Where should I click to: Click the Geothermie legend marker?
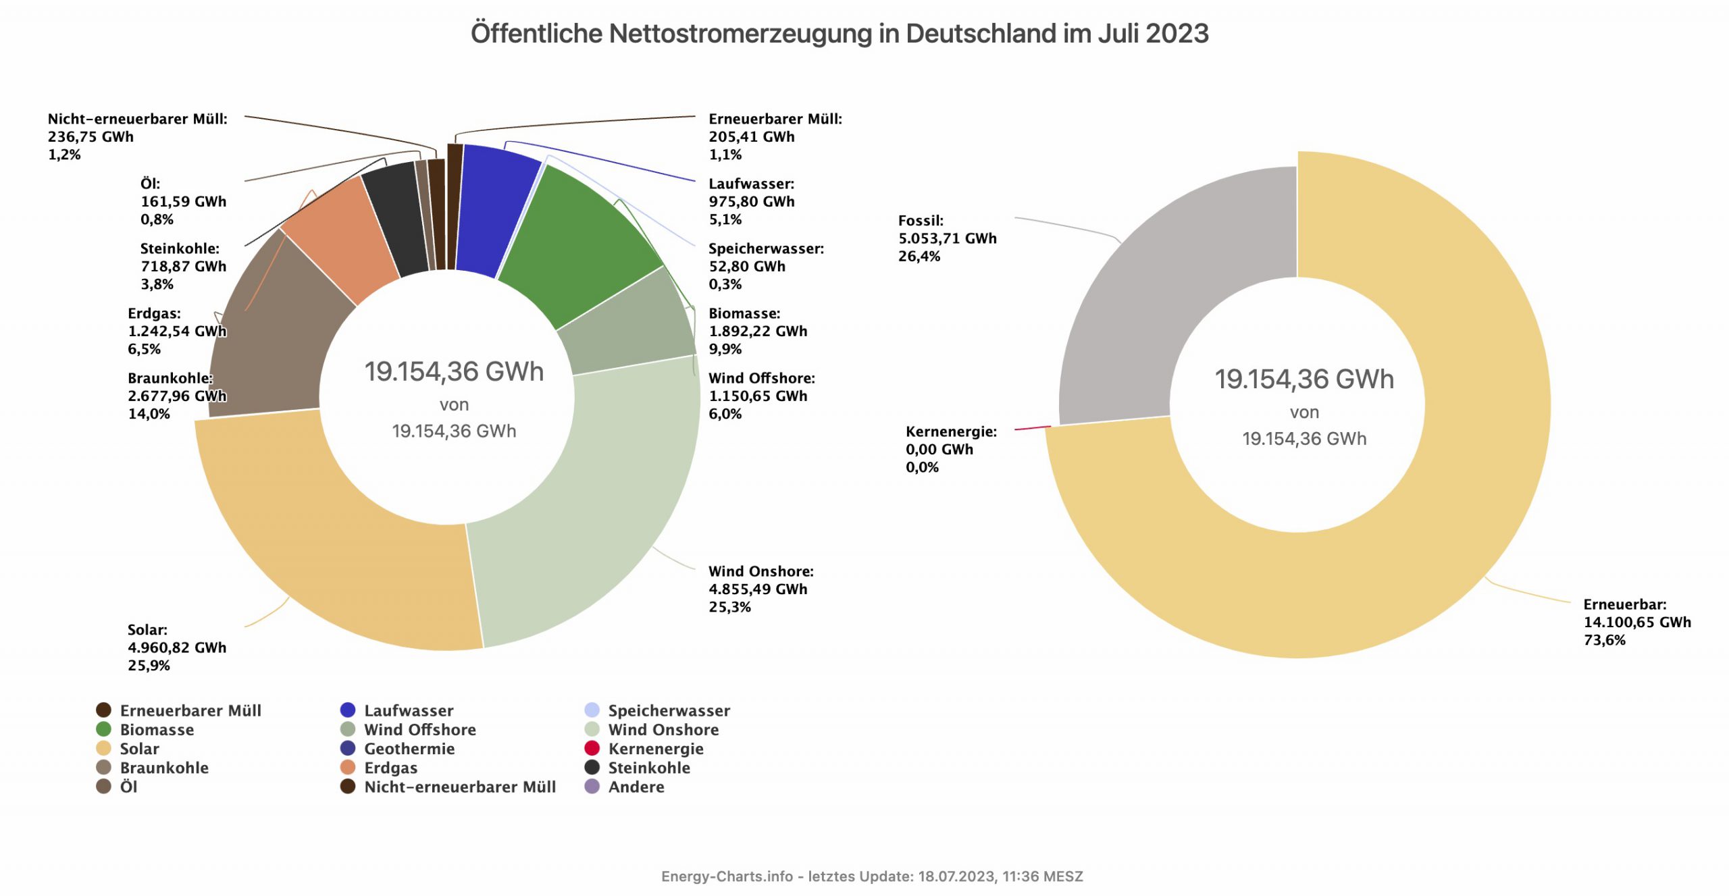[x=348, y=748]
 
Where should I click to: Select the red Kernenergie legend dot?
[x=592, y=748]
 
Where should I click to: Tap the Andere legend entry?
[x=636, y=787]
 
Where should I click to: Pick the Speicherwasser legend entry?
[x=669, y=710]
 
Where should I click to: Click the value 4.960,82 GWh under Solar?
[x=177, y=648]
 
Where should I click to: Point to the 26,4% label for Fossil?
[x=919, y=257]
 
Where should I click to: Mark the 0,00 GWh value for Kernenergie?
[x=939, y=450]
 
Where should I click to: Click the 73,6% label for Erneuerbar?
[x=1605, y=640]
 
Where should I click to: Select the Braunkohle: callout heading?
[x=170, y=378]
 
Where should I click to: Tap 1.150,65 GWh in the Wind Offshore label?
[x=758, y=396]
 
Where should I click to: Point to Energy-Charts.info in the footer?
[x=727, y=876]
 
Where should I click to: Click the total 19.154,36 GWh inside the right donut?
[x=1304, y=379]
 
